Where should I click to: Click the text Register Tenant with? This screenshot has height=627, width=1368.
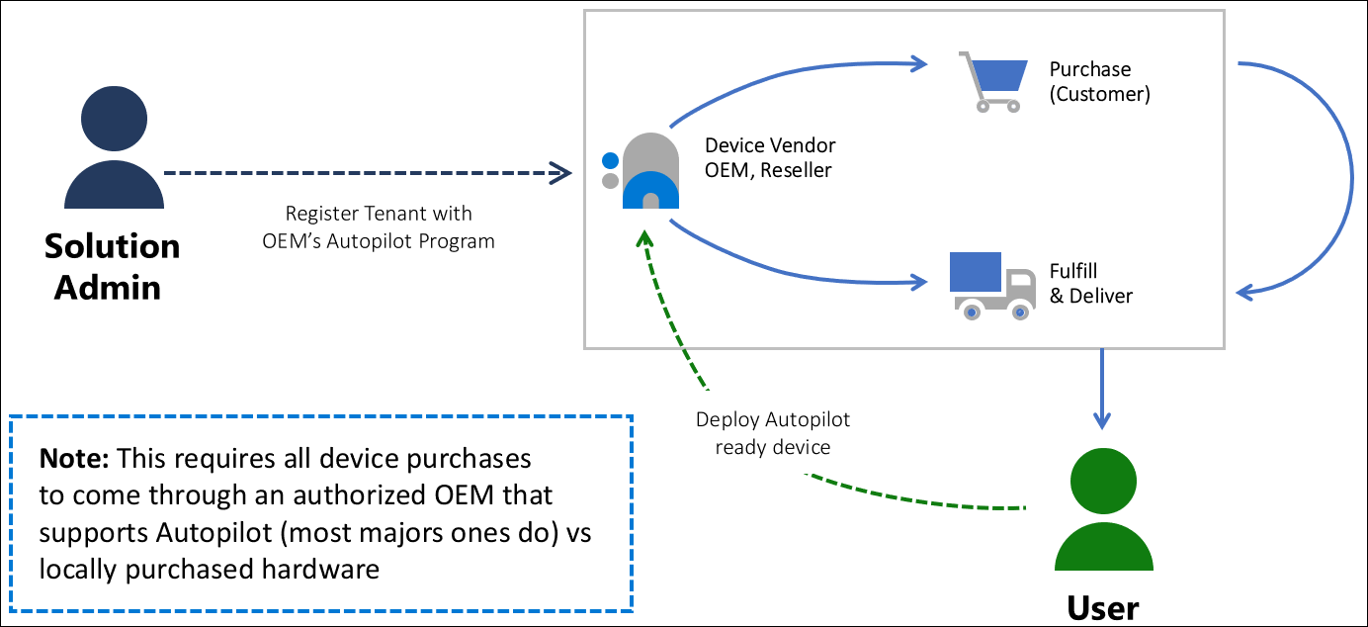[x=379, y=214]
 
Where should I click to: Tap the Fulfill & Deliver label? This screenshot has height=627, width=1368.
[x=1090, y=284]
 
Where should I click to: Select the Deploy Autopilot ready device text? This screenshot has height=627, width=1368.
[x=772, y=433]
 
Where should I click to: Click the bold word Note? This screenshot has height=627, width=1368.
[x=75, y=460]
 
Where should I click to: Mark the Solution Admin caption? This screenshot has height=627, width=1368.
[x=112, y=266]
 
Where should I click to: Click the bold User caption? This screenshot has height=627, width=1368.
[x=1103, y=606]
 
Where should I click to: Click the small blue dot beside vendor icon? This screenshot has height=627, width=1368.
[x=610, y=160]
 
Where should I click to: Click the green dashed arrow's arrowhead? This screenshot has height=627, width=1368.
[x=645, y=237]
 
